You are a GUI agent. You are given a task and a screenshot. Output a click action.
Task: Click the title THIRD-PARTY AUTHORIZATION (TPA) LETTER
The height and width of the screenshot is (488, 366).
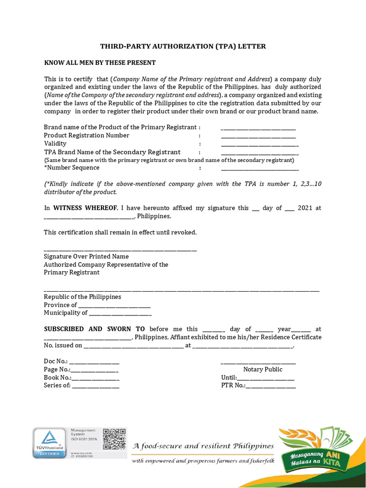click(x=183, y=46)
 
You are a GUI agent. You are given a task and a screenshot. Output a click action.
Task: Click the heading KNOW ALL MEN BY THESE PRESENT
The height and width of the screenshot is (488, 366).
click(x=100, y=63)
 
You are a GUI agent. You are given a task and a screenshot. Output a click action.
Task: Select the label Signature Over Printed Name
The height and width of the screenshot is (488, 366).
click(x=86, y=256)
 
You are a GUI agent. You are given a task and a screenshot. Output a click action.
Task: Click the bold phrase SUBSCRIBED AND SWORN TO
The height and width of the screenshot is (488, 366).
click(x=94, y=329)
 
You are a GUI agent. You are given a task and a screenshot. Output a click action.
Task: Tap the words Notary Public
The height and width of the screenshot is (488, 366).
click(x=263, y=369)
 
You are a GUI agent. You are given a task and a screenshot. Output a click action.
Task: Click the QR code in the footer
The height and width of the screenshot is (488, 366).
click(x=114, y=439)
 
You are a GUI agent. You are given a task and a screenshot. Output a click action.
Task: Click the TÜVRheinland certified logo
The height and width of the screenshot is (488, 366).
click(x=50, y=443)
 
